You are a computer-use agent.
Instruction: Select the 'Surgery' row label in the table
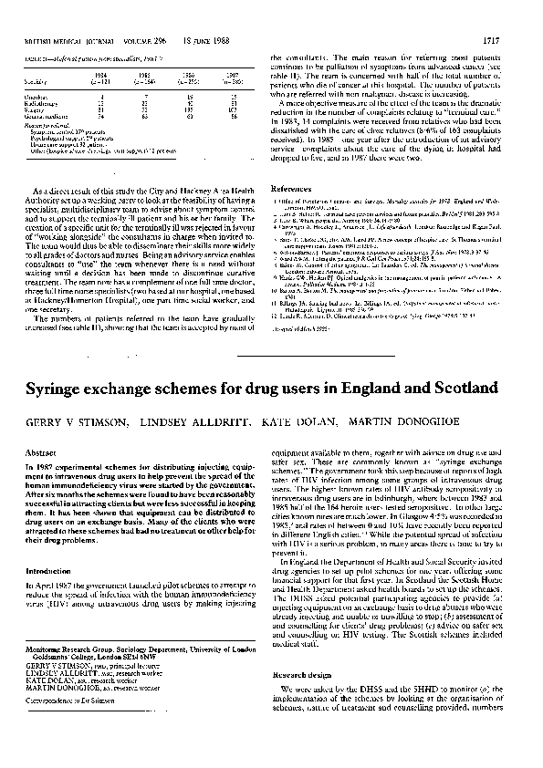tap(34, 111)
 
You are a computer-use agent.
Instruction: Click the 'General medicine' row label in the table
tap(44, 118)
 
